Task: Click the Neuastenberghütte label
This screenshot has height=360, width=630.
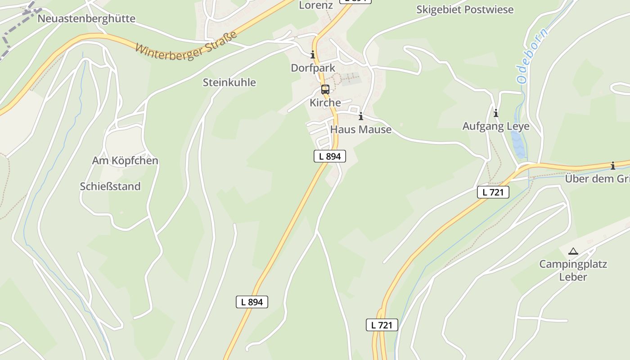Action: pyautogui.click(x=86, y=18)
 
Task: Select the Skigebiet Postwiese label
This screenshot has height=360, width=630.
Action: pyautogui.click(x=464, y=9)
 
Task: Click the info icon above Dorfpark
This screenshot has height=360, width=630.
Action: pyautogui.click(x=313, y=55)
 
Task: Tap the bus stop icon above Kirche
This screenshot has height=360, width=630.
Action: pyautogui.click(x=325, y=89)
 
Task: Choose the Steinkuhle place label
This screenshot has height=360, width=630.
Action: pyautogui.click(x=229, y=82)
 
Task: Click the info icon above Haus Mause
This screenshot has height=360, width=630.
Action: pyautogui.click(x=360, y=117)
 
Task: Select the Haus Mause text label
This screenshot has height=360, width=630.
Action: pyautogui.click(x=361, y=130)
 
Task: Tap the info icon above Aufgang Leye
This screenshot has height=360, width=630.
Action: pyautogui.click(x=496, y=113)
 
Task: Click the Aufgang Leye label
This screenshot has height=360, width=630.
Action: pyautogui.click(x=496, y=126)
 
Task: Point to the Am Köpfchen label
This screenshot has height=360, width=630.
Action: pyautogui.click(x=125, y=161)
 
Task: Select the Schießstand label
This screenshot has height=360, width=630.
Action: pyautogui.click(x=110, y=186)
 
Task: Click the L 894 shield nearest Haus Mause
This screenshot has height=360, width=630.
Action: pyautogui.click(x=330, y=156)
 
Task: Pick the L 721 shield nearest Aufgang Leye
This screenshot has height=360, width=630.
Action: pyautogui.click(x=493, y=192)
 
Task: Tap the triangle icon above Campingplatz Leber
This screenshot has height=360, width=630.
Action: pyautogui.click(x=573, y=251)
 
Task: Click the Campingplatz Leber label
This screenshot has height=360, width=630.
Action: pyautogui.click(x=573, y=270)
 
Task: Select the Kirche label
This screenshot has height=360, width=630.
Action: pyautogui.click(x=325, y=103)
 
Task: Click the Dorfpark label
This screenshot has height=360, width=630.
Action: pyautogui.click(x=313, y=68)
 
